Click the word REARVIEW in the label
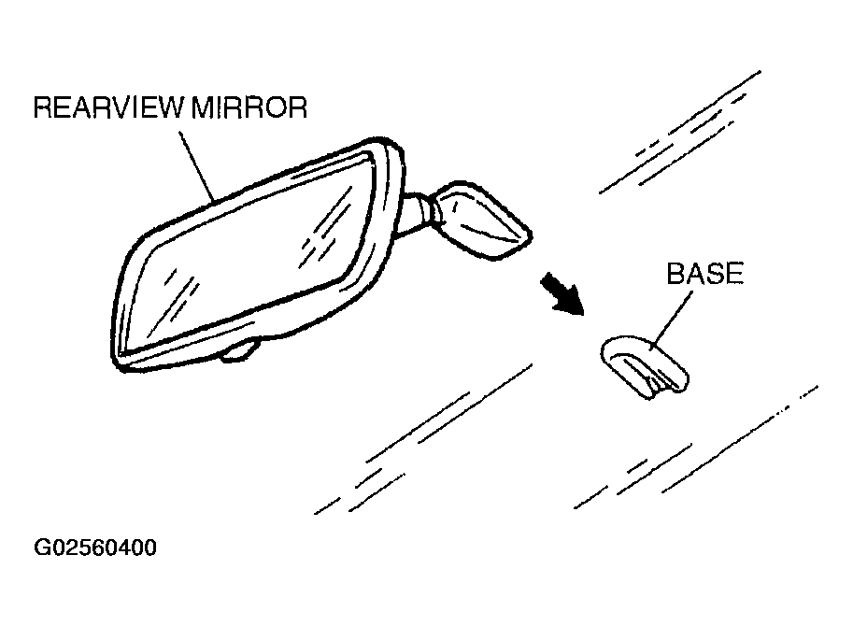click(110, 108)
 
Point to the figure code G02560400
click(95, 548)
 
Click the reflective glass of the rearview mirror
click(252, 252)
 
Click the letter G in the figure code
click(43, 548)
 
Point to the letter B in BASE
click(675, 275)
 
